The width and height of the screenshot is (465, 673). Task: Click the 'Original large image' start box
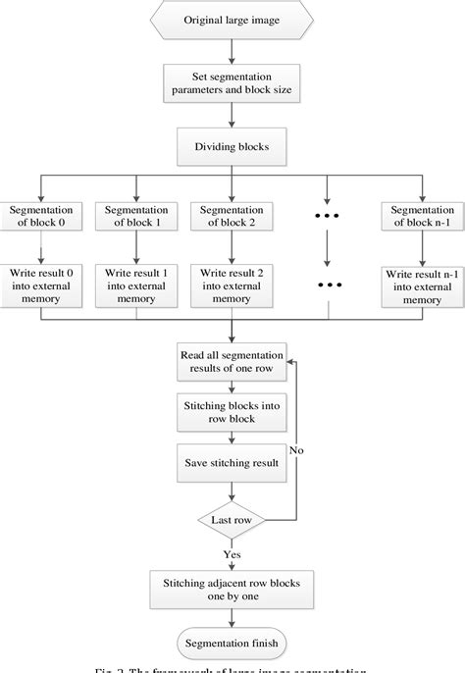232,21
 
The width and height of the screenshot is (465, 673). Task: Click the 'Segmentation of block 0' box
40,217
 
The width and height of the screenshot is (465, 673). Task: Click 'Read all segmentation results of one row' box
232,361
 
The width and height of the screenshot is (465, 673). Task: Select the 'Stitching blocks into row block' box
232,412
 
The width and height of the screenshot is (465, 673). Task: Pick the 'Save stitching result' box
232,461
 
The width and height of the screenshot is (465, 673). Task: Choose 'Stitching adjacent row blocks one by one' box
232,591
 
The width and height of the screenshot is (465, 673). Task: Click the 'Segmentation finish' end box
232,644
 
